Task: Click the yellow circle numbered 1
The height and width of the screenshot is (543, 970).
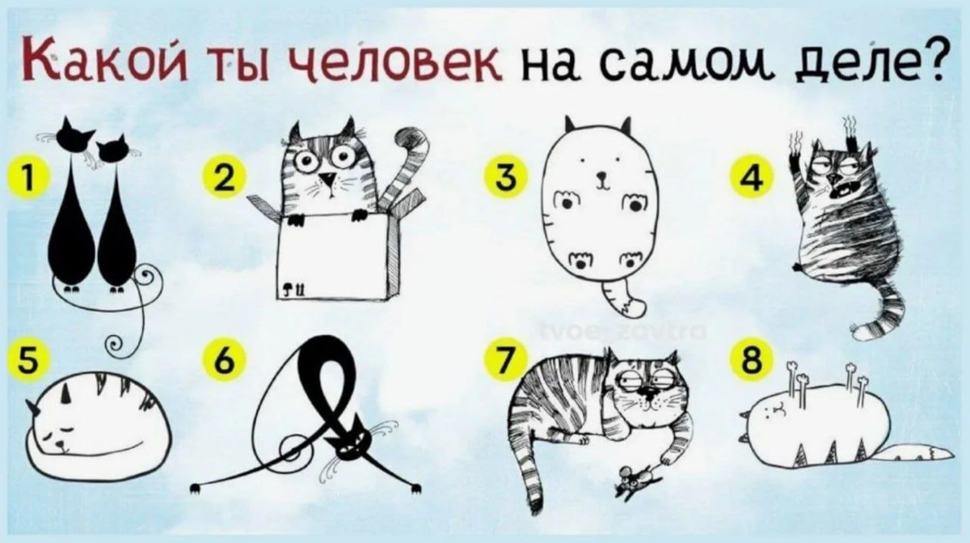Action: [27, 178]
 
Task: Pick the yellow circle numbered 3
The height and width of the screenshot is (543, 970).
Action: [506, 178]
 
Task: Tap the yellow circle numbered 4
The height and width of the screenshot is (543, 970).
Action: [753, 178]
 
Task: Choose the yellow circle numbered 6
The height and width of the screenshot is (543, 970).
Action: [225, 358]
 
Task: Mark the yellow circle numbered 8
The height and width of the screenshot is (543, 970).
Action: [753, 358]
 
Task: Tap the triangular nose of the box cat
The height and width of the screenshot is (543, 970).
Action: [329, 179]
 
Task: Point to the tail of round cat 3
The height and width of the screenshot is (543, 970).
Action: [623, 299]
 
